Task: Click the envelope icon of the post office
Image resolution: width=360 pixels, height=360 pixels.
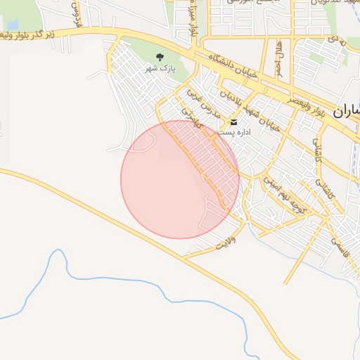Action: click(x=234, y=122)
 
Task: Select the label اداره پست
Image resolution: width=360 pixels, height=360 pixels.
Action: click(x=230, y=132)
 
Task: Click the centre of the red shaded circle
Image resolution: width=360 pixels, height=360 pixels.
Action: click(x=180, y=179)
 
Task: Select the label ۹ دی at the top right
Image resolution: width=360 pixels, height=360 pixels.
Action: click(x=335, y=42)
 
